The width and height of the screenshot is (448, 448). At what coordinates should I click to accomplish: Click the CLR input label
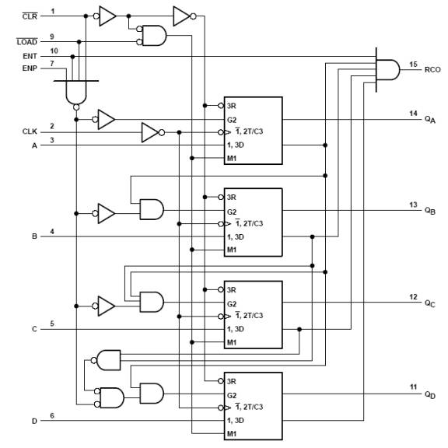[30, 16]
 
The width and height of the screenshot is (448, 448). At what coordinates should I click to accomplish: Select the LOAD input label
[27, 41]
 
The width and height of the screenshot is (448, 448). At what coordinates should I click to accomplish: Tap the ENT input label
[30, 56]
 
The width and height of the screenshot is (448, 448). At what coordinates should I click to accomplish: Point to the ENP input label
[30, 68]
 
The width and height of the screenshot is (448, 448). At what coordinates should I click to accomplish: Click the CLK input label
[30, 131]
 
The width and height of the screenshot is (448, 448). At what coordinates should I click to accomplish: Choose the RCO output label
[432, 70]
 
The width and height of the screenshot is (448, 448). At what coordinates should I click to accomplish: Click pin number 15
[413, 65]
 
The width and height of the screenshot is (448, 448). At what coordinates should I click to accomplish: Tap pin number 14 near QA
[413, 114]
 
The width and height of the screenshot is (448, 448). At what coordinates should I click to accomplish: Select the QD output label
[430, 395]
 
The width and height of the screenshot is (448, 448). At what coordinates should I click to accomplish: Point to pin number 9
[52, 37]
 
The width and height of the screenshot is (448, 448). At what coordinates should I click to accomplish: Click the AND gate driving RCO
[387, 70]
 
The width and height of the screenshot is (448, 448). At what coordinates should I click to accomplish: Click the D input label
[34, 421]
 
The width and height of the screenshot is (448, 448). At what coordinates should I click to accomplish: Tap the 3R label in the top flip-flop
[232, 106]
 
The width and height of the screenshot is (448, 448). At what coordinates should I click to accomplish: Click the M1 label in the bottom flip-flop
[232, 434]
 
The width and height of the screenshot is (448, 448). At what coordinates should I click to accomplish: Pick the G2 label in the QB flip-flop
[232, 212]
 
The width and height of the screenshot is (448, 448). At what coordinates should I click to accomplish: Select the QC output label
[430, 303]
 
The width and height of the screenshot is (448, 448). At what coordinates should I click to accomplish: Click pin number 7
[52, 64]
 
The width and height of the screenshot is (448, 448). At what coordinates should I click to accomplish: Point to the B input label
[34, 236]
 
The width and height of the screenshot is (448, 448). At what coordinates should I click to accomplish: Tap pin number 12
[413, 297]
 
